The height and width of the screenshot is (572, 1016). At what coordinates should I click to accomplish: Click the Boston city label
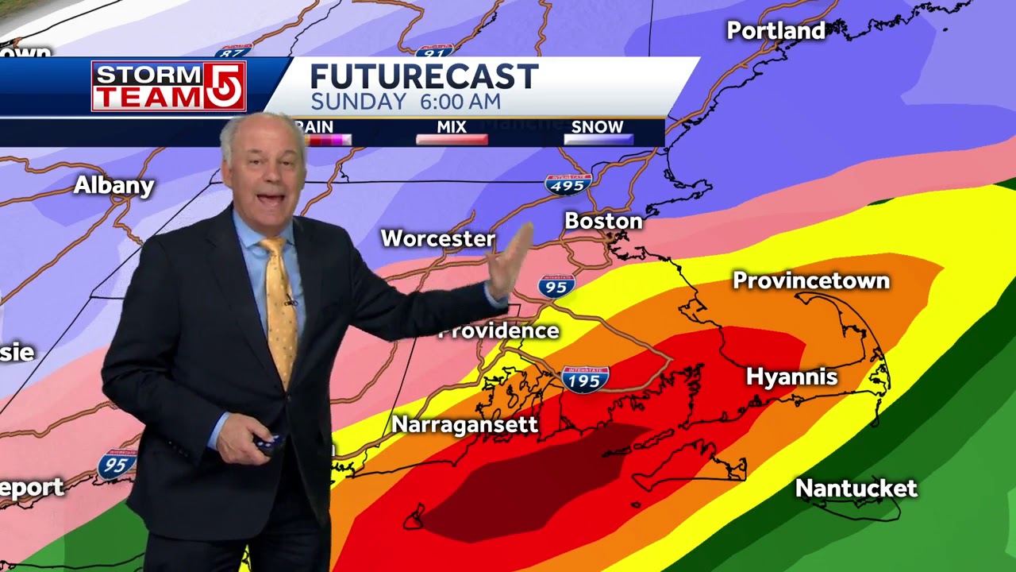tap(603, 221)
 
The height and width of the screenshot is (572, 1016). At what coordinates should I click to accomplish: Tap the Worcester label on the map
tap(438, 238)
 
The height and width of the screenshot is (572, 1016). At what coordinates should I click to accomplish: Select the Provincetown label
tap(810, 280)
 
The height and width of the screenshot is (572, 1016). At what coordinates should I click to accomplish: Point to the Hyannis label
tap(791, 377)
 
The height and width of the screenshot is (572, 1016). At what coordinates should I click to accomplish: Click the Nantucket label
tap(856, 488)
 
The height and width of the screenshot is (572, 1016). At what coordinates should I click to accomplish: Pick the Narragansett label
tap(464, 424)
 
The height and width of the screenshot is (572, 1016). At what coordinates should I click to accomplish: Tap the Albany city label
tap(114, 185)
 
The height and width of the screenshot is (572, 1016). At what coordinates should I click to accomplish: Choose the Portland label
tap(775, 31)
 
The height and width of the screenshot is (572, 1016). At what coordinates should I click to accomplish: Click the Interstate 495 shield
tap(568, 184)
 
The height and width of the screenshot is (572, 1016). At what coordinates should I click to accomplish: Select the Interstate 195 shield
tap(585, 379)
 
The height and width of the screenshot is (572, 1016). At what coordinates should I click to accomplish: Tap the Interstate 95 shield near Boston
tap(556, 286)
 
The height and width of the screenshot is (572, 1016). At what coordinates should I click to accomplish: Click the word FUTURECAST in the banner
tap(424, 77)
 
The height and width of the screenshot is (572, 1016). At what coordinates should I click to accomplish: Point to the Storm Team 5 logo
tap(168, 86)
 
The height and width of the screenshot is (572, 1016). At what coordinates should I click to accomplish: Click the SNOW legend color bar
tap(598, 140)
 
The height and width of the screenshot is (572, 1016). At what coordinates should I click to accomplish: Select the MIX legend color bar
tap(452, 140)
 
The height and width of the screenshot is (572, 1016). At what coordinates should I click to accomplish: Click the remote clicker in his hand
tap(267, 443)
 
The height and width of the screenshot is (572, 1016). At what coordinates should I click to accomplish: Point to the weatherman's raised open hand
tap(508, 262)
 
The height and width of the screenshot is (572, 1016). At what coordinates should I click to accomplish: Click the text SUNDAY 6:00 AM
tap(405, 102)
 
